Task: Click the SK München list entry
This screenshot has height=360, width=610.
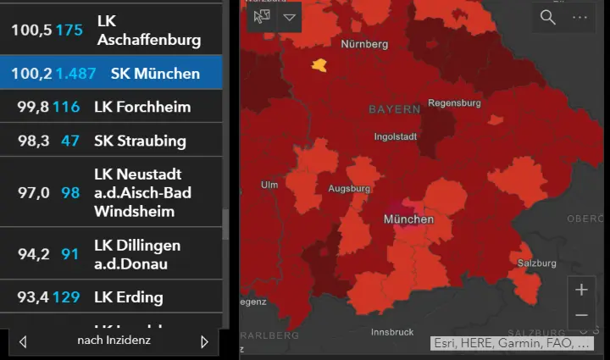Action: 155,74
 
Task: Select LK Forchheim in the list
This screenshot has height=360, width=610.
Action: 142,107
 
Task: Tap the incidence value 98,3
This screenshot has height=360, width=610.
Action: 33,141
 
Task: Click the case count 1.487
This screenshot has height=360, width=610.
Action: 76,74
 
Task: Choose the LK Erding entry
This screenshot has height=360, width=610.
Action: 129,297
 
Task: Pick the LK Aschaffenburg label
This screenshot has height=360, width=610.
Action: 149,30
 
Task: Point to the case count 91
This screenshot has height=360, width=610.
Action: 70,254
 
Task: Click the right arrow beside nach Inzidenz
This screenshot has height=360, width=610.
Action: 204,341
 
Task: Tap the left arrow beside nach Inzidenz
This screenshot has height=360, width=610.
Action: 23,341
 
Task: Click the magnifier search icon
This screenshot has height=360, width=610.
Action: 548,17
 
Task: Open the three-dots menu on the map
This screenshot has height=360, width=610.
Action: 579,17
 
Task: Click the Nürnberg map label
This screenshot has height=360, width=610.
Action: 364,43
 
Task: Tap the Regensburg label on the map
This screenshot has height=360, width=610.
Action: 455,103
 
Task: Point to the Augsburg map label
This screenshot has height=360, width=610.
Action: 350,188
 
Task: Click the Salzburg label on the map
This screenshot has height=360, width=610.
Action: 537,263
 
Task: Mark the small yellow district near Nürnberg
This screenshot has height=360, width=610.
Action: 319,64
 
